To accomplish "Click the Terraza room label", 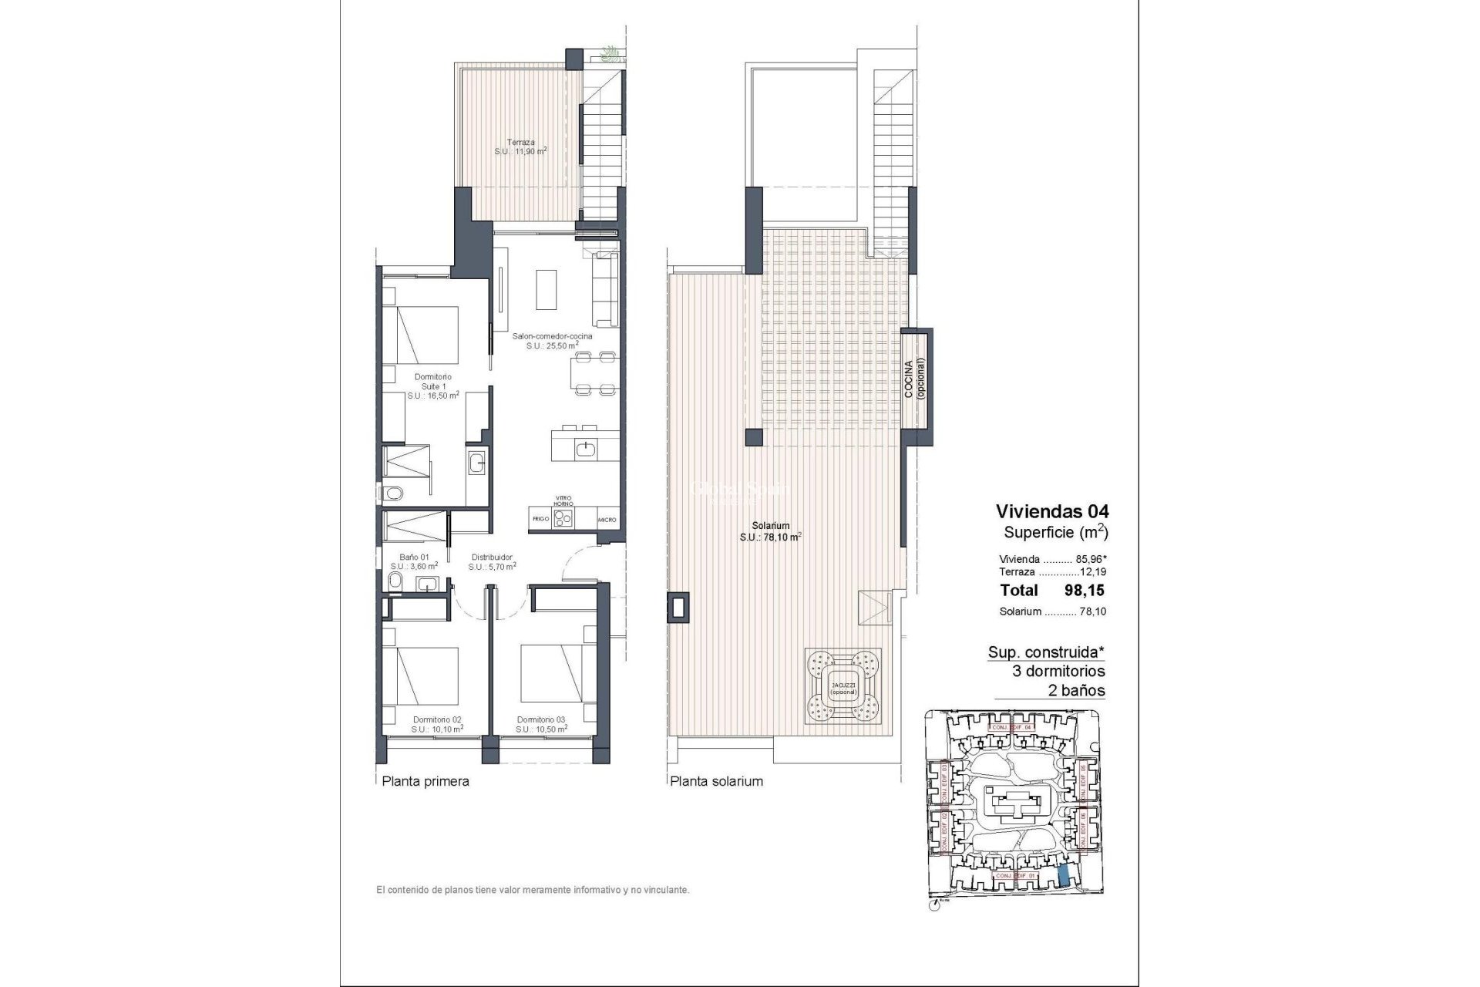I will [x=520, y=147].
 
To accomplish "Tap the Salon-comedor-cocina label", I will [x=553, y=341].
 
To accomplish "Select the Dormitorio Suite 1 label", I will [x=432, y=386].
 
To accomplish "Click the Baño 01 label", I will [x=414, y=561].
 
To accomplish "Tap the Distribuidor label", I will [x=492, y=561].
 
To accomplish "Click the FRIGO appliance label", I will [x=540, y=520].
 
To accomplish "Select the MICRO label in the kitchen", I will [x=607, y=520].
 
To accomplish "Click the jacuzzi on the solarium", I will [x=843, y=685].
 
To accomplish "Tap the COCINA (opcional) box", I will [x=916, y=389].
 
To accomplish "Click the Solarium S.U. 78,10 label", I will [x=770, y=531].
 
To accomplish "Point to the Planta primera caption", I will [x=425, y=781].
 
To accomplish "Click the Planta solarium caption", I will [x=716, y=781].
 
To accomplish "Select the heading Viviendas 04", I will [x=1051, y=510].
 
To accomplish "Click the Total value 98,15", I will [x=1083, y=591].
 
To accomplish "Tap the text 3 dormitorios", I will [x=1058, y=671].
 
